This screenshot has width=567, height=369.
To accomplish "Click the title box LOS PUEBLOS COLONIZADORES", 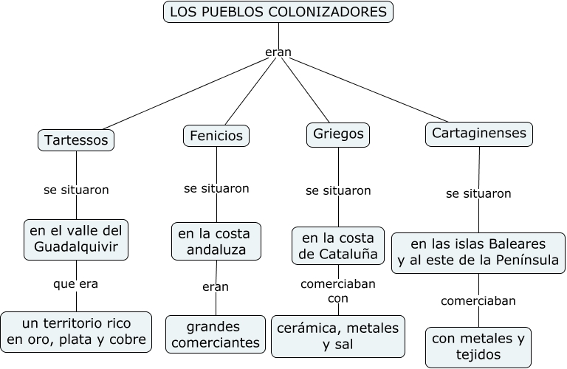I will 278,12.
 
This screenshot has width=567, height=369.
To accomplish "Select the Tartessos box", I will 76,139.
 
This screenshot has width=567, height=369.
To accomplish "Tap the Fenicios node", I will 216,136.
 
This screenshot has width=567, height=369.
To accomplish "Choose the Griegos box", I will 338,135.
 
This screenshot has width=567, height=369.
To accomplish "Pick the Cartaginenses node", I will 479,134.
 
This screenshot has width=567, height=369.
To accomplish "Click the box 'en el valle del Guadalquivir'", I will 75,239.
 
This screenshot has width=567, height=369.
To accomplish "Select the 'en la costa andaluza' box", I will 214,242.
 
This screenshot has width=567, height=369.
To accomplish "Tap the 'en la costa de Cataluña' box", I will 338,246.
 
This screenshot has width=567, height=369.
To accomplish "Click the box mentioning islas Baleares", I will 478,252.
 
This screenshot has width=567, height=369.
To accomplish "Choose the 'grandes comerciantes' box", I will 213,334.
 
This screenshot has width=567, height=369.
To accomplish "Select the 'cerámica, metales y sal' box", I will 338,336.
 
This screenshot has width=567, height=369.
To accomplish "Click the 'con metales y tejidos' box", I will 478,347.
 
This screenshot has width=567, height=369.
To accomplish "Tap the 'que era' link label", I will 75,283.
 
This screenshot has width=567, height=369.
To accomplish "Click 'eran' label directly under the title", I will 278,52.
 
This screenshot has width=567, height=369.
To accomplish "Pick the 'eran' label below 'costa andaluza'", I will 216,286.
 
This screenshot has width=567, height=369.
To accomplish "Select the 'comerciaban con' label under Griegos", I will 338,291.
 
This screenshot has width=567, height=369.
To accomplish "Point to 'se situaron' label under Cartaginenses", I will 478,193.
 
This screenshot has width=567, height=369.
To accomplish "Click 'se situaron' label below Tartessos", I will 76,190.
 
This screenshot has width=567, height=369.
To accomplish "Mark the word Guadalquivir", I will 75,247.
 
